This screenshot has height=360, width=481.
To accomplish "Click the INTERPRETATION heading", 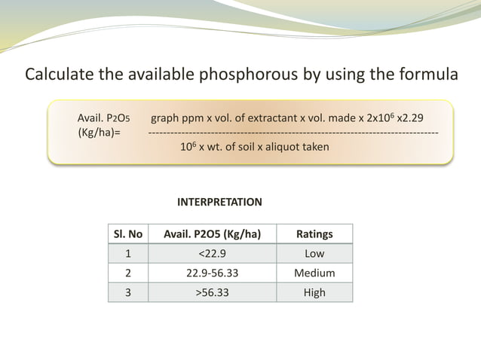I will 219,202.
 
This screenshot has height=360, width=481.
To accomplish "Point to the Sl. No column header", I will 128,234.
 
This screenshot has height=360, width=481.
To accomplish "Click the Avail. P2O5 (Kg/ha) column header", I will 213,234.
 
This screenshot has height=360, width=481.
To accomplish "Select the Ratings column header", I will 314,234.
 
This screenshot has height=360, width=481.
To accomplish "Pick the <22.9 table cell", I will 213,254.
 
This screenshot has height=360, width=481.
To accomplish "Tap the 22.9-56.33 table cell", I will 213,273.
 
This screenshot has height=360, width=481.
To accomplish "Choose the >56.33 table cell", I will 213,292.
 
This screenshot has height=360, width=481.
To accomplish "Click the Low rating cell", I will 314,254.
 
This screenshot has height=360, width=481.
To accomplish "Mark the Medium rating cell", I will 314,273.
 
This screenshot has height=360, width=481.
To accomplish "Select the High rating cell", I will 314,292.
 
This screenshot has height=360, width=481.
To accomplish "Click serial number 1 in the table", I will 128,254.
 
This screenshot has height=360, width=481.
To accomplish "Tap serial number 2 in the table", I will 128,273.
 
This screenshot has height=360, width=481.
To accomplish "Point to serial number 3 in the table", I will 128,292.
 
